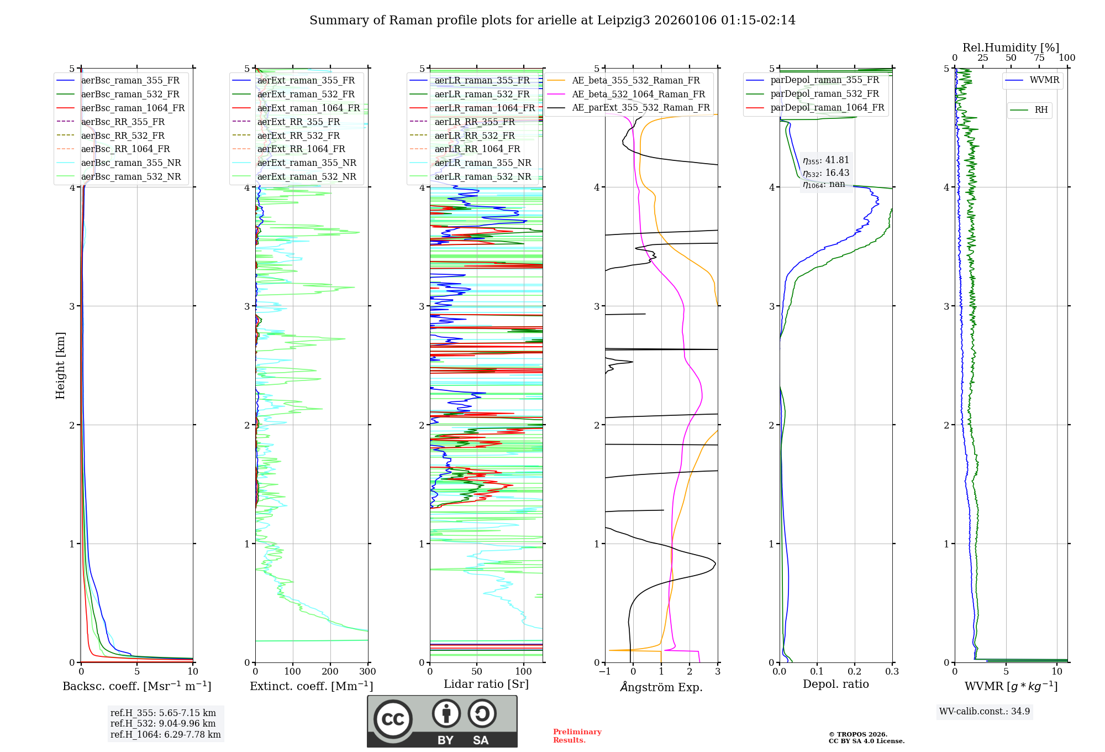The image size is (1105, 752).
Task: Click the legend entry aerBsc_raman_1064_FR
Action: click(133, 108)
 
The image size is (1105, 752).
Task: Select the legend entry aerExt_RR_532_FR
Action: click(298, 135)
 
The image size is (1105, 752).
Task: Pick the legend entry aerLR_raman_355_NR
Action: click(482, 163)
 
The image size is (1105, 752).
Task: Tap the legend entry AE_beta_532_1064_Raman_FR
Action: click(638, 95)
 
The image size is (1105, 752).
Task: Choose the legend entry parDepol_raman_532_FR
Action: click(824, 94)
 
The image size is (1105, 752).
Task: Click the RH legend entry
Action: click(1041, 110)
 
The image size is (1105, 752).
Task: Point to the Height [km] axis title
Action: click(60, 365)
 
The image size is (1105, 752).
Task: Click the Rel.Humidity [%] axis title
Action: click(1011, 48)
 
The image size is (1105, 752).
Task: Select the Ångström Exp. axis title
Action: click(661, 687)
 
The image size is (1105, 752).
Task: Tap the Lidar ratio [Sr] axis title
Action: click(486, 684)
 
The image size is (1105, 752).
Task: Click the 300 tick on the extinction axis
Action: click(368, 672)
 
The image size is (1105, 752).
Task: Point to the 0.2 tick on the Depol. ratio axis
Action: click(855, 672)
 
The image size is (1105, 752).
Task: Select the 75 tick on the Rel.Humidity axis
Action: click(1039, 58)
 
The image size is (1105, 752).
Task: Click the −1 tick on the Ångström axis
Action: click(605, 672)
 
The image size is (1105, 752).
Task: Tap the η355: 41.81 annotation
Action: click(826, 160)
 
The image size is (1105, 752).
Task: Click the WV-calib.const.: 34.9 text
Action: click(985, 712)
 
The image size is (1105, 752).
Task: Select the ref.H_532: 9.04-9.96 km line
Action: click(163, 724)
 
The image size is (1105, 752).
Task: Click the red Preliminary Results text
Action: click(577, 736)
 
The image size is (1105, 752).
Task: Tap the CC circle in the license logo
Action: click(393, 719)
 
